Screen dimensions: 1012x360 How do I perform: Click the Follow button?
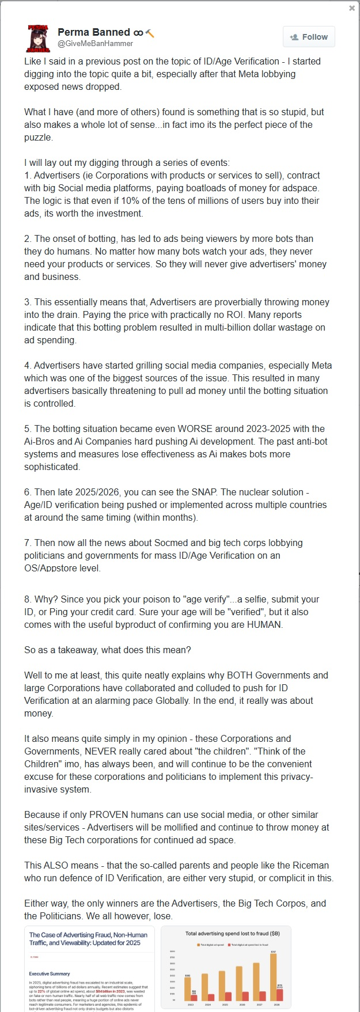[x=309, y=37]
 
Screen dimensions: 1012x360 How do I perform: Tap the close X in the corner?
[x=352, y=8]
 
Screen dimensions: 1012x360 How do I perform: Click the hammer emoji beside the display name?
[x=150, y=33]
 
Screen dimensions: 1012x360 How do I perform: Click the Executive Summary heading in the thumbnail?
[x=50, y=973]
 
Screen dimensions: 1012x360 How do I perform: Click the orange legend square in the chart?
[x=198, y=945]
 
